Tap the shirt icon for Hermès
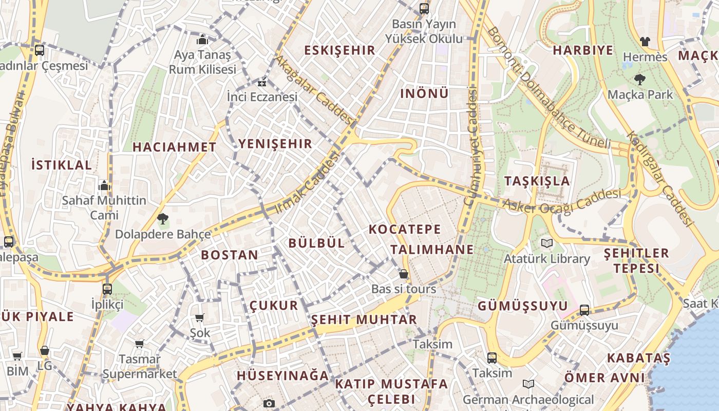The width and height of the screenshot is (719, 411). (x=645, y=42)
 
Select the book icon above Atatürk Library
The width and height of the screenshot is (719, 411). (x=546, y=243)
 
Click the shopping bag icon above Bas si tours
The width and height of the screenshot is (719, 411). (x=404, y=274)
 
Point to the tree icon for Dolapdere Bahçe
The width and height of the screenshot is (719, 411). (x=163, y=219)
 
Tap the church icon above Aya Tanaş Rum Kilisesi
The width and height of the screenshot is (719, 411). (x=202, y=40)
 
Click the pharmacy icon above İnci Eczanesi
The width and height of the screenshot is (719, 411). (x=262, y=82)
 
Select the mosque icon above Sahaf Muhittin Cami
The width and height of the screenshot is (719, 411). (x=104, y=185)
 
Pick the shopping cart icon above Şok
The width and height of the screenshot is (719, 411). (x=200, y=318)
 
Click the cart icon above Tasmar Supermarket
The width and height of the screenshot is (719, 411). (x=139, y=344)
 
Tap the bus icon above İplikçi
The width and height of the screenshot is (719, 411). (x=107, y=289)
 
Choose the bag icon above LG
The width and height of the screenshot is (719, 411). (x=45, y=351)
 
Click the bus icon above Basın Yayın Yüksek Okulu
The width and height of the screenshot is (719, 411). (x=424, y=8)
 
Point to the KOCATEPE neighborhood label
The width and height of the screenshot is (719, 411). (x=405, y=229)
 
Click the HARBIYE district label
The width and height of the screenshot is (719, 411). (x=583, y=50)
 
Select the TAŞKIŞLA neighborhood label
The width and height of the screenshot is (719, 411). (x=537, y=181)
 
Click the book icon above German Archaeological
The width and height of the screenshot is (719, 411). (x=528, y=384)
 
